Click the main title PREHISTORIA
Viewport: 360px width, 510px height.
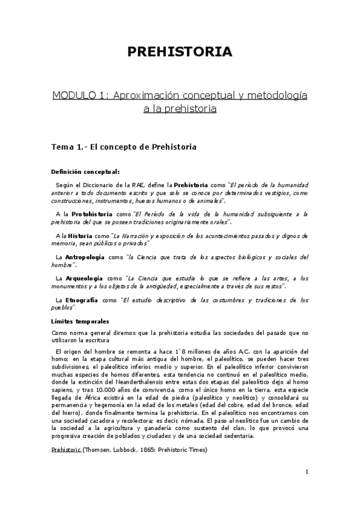(x=180, y=52)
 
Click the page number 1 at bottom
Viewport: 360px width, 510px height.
(x=307, y=472)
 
